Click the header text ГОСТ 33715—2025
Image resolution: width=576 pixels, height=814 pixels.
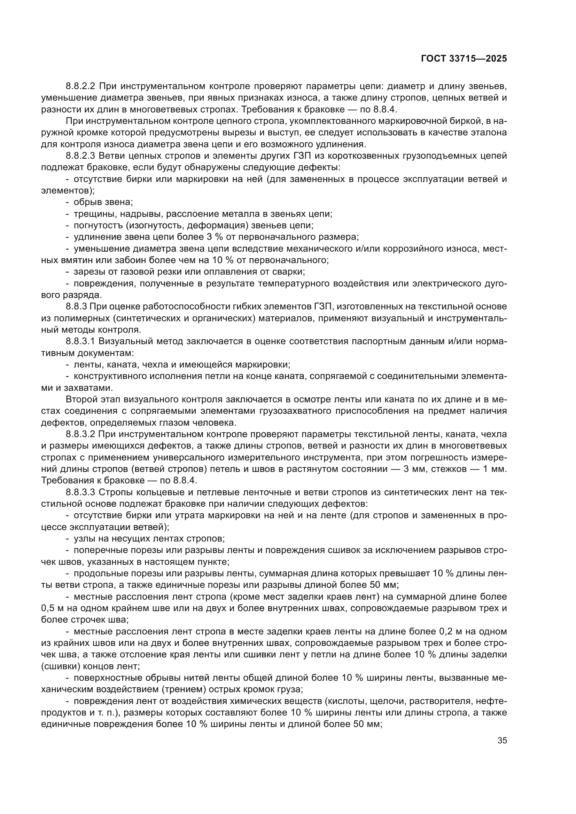point(464,59)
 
